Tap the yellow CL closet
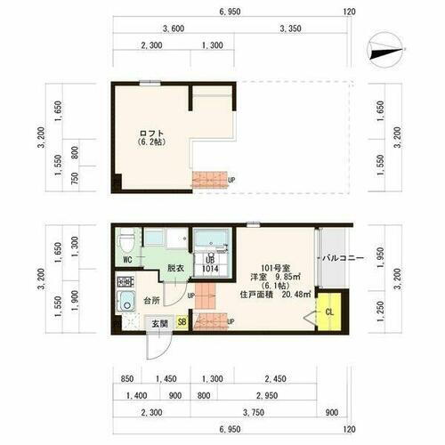(x=328, y=311)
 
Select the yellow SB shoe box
(x=182, y=322)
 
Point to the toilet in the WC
(x=127, y=241)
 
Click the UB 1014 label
(x=210, y=263)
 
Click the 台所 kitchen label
(x=152, y=302)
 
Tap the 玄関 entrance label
(x=158, y=322)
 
